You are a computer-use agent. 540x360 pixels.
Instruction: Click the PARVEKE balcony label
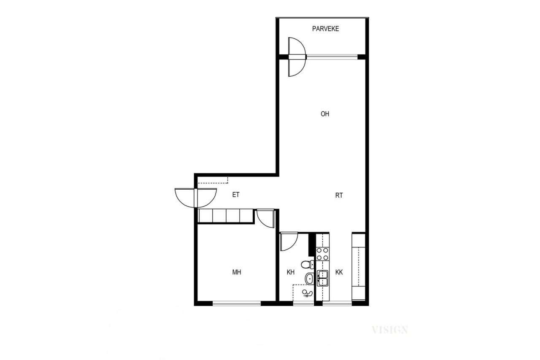pos(325,29)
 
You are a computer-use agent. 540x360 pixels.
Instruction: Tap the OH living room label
pos(325,114)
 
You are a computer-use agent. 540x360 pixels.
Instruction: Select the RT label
pos(339,196)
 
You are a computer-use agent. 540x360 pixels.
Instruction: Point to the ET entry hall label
pos(236,195)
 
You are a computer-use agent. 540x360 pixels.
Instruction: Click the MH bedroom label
pos(237,272)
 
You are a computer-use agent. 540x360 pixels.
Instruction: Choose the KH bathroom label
pos(290,272)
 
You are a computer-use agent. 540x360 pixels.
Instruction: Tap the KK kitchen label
pos(339,272)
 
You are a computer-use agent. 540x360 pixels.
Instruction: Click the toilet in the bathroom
pos(307,264)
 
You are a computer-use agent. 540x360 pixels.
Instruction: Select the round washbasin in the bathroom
pos(310,278)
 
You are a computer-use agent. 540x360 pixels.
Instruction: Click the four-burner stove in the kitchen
pos(323,253)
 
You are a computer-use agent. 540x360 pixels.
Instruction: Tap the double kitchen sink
pos(323,278)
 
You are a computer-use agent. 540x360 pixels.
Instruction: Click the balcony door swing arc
pos(296,56)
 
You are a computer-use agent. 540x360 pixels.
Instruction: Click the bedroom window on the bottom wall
pos(236,302)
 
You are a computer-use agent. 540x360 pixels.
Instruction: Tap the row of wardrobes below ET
pos(226,216)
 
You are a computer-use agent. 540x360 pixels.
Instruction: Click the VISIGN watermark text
pos(390,330)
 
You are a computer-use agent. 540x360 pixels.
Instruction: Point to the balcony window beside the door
pos(332,56)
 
